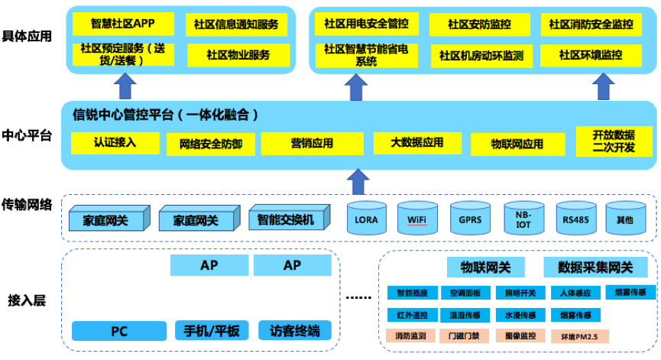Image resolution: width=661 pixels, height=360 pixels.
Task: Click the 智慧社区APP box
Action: [x=122, y=24]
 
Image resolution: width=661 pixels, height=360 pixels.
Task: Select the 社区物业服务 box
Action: [x=238, y=55]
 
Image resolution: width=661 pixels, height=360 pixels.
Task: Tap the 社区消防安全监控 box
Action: [x=591, y=24]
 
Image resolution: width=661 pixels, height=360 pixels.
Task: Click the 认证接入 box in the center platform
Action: [x=115, y=142]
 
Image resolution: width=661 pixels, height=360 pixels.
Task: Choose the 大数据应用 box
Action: [x=417, y=142]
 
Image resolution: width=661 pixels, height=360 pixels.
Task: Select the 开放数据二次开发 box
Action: [x=614, y=141]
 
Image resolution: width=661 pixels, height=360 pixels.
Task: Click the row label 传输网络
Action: [x=27, y=204]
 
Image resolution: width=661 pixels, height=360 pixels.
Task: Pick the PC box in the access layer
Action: [x=119, y=331]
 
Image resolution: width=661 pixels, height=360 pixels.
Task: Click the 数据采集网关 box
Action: [x=595, y=267]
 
